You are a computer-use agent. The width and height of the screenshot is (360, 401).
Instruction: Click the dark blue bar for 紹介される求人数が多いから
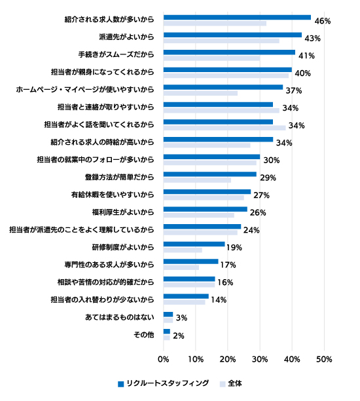pos(237,18)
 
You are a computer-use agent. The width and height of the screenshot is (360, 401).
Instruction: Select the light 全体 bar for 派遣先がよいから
pos(221,41)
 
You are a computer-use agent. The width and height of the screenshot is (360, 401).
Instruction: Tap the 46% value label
pos(323,21)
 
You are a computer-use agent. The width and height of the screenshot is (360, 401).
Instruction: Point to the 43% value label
pos(312,39)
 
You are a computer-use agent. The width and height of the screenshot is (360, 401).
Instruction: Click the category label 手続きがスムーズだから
pos(117,54)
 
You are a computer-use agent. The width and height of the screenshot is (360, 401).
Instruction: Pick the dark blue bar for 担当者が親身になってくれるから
pos(228,70)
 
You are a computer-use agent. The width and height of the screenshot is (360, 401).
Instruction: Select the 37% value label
pos(294,90)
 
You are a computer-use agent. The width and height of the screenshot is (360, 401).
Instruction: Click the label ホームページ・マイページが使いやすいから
pos(85,90)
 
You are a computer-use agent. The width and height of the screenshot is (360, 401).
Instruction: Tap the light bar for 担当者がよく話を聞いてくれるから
pos(225,128)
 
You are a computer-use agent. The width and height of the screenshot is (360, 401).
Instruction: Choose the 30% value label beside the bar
pos(272,161)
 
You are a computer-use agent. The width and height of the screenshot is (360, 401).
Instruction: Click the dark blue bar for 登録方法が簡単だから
pos(210,174)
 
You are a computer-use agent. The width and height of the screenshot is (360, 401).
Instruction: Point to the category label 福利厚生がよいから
pos(123,212)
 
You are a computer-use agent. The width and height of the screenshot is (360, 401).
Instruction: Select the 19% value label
pos(234,248)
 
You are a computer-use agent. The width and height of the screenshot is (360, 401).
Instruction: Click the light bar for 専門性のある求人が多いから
pos(181,267)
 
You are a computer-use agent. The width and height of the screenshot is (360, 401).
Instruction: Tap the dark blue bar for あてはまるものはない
pos(168,315)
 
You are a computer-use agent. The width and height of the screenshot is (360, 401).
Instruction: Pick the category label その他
pos(144,335)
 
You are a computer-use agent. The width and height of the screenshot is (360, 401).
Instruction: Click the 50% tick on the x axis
pos(324,359)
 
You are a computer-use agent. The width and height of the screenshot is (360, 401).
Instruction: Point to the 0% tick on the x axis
pos(164,359)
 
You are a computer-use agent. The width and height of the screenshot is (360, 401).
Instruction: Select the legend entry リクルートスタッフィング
pos(163,383)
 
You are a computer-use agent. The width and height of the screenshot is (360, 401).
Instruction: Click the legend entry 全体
pos(230,383)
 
